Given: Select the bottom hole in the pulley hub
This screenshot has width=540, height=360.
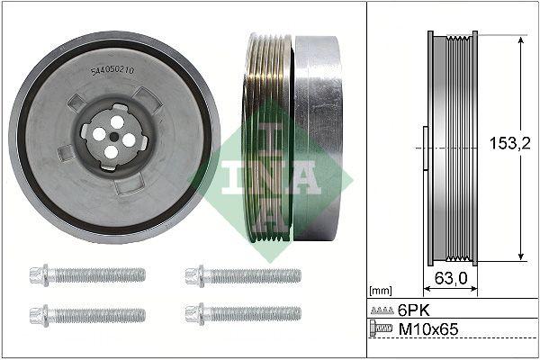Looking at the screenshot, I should tap(110, 152).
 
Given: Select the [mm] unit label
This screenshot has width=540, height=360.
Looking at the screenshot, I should tap(382, 291).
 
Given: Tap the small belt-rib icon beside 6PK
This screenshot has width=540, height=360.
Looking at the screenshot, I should tap(382, 310).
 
